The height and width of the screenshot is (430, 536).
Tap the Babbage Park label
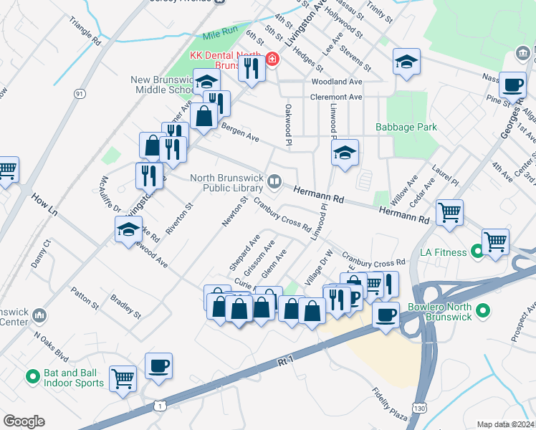406,127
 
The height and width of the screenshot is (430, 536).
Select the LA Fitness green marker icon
478,252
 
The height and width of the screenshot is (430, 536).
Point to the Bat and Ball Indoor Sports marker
32,376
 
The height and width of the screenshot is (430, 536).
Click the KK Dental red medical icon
272,59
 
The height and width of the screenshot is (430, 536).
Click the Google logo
24,421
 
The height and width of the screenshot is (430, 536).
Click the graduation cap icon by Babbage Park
345,152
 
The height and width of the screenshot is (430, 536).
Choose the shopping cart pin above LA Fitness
449,211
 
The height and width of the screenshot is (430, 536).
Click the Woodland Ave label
336,82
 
